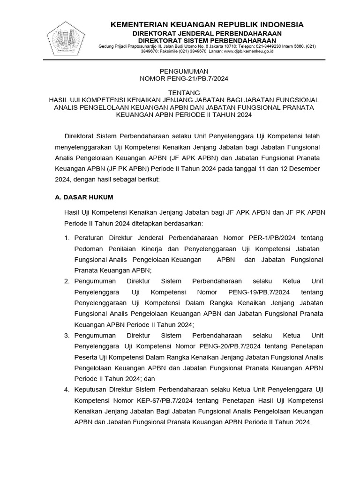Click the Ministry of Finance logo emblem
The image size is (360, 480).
tap(68, 38)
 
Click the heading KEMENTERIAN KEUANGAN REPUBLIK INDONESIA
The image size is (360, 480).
tap(207, 24)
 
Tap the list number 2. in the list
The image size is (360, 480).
tap(67, 281)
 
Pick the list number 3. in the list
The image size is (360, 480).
tap(67, 336)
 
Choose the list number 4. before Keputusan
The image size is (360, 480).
tap(67, 390)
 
